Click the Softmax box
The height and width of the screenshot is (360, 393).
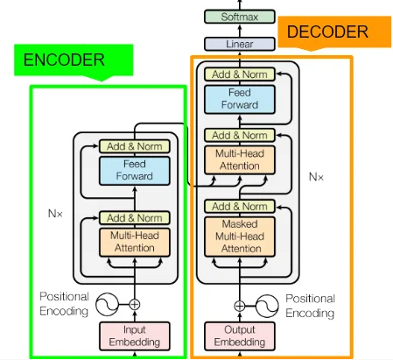click(240, 17)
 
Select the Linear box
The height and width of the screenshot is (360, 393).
click(240, 44)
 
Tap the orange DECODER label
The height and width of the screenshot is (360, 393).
click(334, 32)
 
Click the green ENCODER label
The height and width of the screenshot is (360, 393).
click(74, 60)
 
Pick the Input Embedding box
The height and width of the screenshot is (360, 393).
click(135, 335)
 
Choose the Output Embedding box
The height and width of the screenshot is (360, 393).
click(240, 335)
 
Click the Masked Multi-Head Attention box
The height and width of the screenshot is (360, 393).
click(240, 236)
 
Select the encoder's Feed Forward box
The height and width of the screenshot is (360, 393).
click(135, 171)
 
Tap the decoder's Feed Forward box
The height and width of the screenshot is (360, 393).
click(240, 99)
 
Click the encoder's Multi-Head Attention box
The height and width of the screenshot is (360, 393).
click(135, 242)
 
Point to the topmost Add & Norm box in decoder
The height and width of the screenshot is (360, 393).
click(240, 74)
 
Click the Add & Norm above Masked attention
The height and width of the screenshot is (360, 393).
click(240, 207)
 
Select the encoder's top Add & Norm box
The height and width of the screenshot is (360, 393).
click(135, 146)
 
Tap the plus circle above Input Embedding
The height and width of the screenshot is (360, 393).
click(135, 305)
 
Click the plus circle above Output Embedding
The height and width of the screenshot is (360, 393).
click(240, 306)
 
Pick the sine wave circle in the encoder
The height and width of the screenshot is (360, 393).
click(107, 305)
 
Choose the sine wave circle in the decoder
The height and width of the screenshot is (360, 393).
click(267, 306)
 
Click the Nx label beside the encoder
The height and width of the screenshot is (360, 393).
click(55, 214)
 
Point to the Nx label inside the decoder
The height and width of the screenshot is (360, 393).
click(316, 177)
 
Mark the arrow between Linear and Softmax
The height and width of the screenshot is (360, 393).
click(240, 31)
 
